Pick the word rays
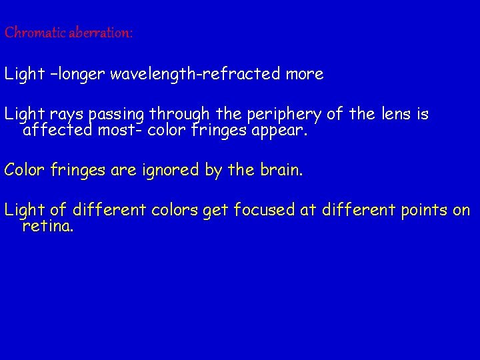(69, 115)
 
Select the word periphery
(283, 115)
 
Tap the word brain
(280, 170)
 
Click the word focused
(261, 211)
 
